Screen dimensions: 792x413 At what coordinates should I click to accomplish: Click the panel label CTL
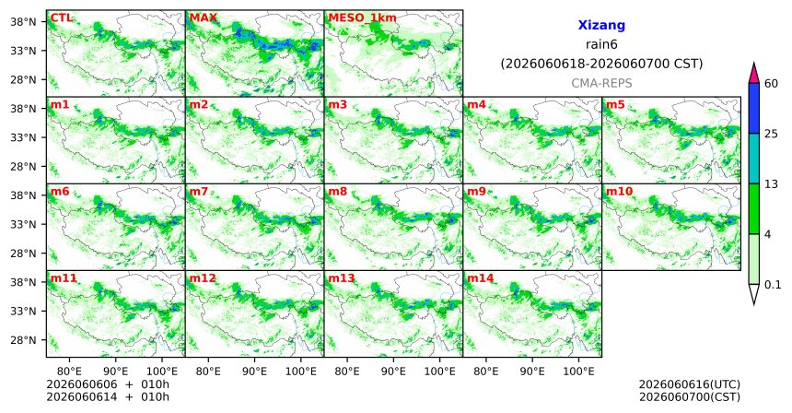pyautogui.click(x=61, y=18)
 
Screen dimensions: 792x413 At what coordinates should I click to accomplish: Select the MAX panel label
pyautogui.click(x=203, y=18)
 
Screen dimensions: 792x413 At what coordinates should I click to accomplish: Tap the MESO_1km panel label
pyautogui.click(x=362, y=18)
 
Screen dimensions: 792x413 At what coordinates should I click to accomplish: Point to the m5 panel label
pyautogui.click(x=615, y=105)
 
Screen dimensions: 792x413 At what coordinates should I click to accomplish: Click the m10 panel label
pyautogui.click(x=619, y=192)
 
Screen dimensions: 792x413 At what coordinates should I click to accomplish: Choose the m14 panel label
pyautogui.click(x=481, y=278)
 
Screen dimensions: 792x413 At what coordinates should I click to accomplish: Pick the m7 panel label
pyautogui.click(x=199, y=192)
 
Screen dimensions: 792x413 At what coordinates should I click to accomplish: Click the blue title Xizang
pyautogui.click(x=601, y=25)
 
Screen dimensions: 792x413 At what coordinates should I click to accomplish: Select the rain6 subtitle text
pyautogui.click(x=601, y=44)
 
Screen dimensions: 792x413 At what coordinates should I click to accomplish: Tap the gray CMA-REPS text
pyautogui.click(x=601, y=83)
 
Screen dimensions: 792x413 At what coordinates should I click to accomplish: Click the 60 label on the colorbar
pyautogui.click(x=771, y=84)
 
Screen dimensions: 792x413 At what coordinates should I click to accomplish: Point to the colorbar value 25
pyautogui.click(x=771, y=134)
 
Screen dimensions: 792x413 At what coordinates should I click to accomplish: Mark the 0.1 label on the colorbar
pyautogui.click(x=773, y=285)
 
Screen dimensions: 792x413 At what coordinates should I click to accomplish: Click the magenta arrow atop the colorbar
pyautogui.click(x=753, y=74)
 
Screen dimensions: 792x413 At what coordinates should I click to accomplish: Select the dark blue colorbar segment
pyautogui.click(x=753, y=108)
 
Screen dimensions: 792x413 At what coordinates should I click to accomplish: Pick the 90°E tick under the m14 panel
pyautogui.click(x=532, y=372)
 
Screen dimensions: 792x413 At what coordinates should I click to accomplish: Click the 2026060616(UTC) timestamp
pyautogui.click(x=690, y=384)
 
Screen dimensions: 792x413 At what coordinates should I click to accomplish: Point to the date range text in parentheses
pyautogui.click(x=601, y=65)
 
